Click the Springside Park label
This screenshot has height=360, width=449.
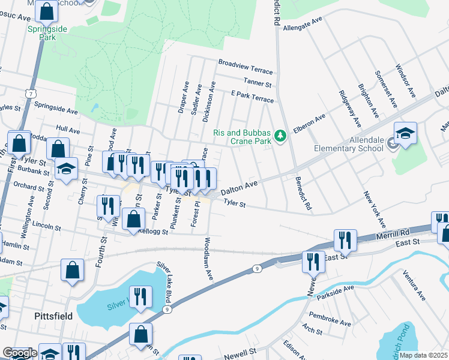(41, 32)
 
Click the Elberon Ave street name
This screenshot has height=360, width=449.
(309, 123)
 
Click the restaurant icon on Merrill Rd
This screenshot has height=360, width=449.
(345, 241)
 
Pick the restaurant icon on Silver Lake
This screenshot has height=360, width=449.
(140, 298)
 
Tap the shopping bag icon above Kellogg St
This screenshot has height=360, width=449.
(133, 218)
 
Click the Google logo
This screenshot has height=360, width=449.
(19, 353)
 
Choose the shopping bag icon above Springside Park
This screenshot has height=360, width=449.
(46, 11)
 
